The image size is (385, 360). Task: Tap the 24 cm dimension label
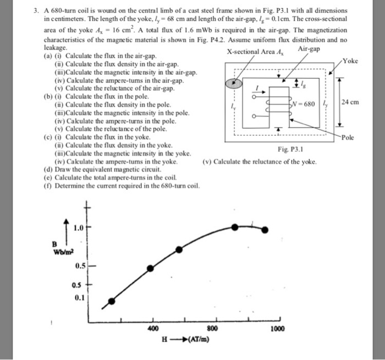(353, 102)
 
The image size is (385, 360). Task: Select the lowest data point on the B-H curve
(112, 301)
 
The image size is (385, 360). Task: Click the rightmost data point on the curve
(266, 230)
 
